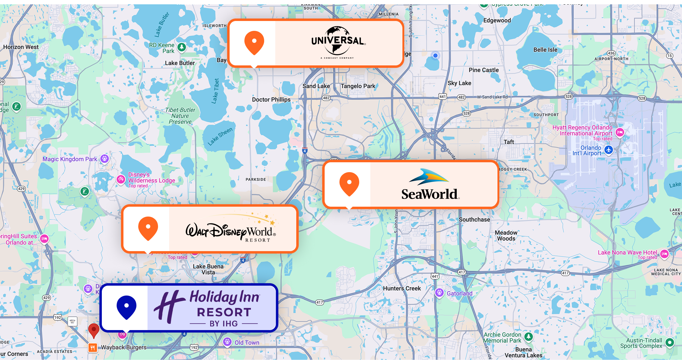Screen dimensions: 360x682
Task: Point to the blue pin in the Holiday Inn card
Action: (127, 307)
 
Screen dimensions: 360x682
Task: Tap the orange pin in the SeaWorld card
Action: (349, 184)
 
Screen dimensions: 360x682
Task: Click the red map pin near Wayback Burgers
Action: (94, 330)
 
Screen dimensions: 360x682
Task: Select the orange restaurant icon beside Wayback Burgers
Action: (93, 348)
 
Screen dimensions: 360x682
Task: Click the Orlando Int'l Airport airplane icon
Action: (609, 150)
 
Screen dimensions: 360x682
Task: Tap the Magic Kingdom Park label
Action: (70, 159)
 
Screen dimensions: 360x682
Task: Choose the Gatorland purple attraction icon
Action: (439, 293)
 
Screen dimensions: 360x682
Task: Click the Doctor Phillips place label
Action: (271, 100)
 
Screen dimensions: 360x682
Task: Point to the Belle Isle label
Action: (545, 50)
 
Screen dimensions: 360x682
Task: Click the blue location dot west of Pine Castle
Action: (435, 56)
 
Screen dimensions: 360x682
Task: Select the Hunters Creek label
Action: (402, 288)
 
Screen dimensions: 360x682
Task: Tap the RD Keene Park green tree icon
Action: (182, 47)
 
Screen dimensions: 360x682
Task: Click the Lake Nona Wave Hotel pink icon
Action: (664, 254)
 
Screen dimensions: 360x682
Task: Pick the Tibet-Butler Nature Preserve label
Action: (180, 116)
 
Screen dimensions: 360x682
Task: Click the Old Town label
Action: (247, 343)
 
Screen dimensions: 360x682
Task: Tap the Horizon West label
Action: (21, 47)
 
